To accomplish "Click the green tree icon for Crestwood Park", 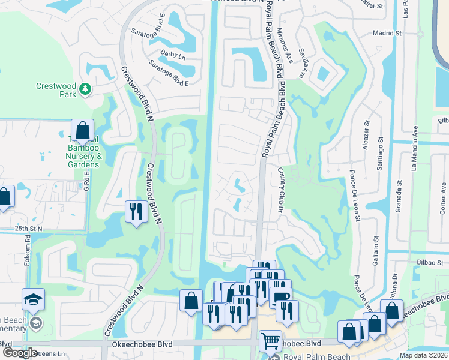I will [x=85, y=89].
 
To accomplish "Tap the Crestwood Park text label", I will [x=56, y=90].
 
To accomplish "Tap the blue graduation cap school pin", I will [x=33, y=299].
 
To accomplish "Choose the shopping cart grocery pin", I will [x=270, y=340].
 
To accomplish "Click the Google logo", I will [x=19, y=353].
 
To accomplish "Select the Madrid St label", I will [x=385, y=34].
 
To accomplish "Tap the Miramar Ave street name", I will [x=290, y=48].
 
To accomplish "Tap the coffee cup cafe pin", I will [x=280, y=297].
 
